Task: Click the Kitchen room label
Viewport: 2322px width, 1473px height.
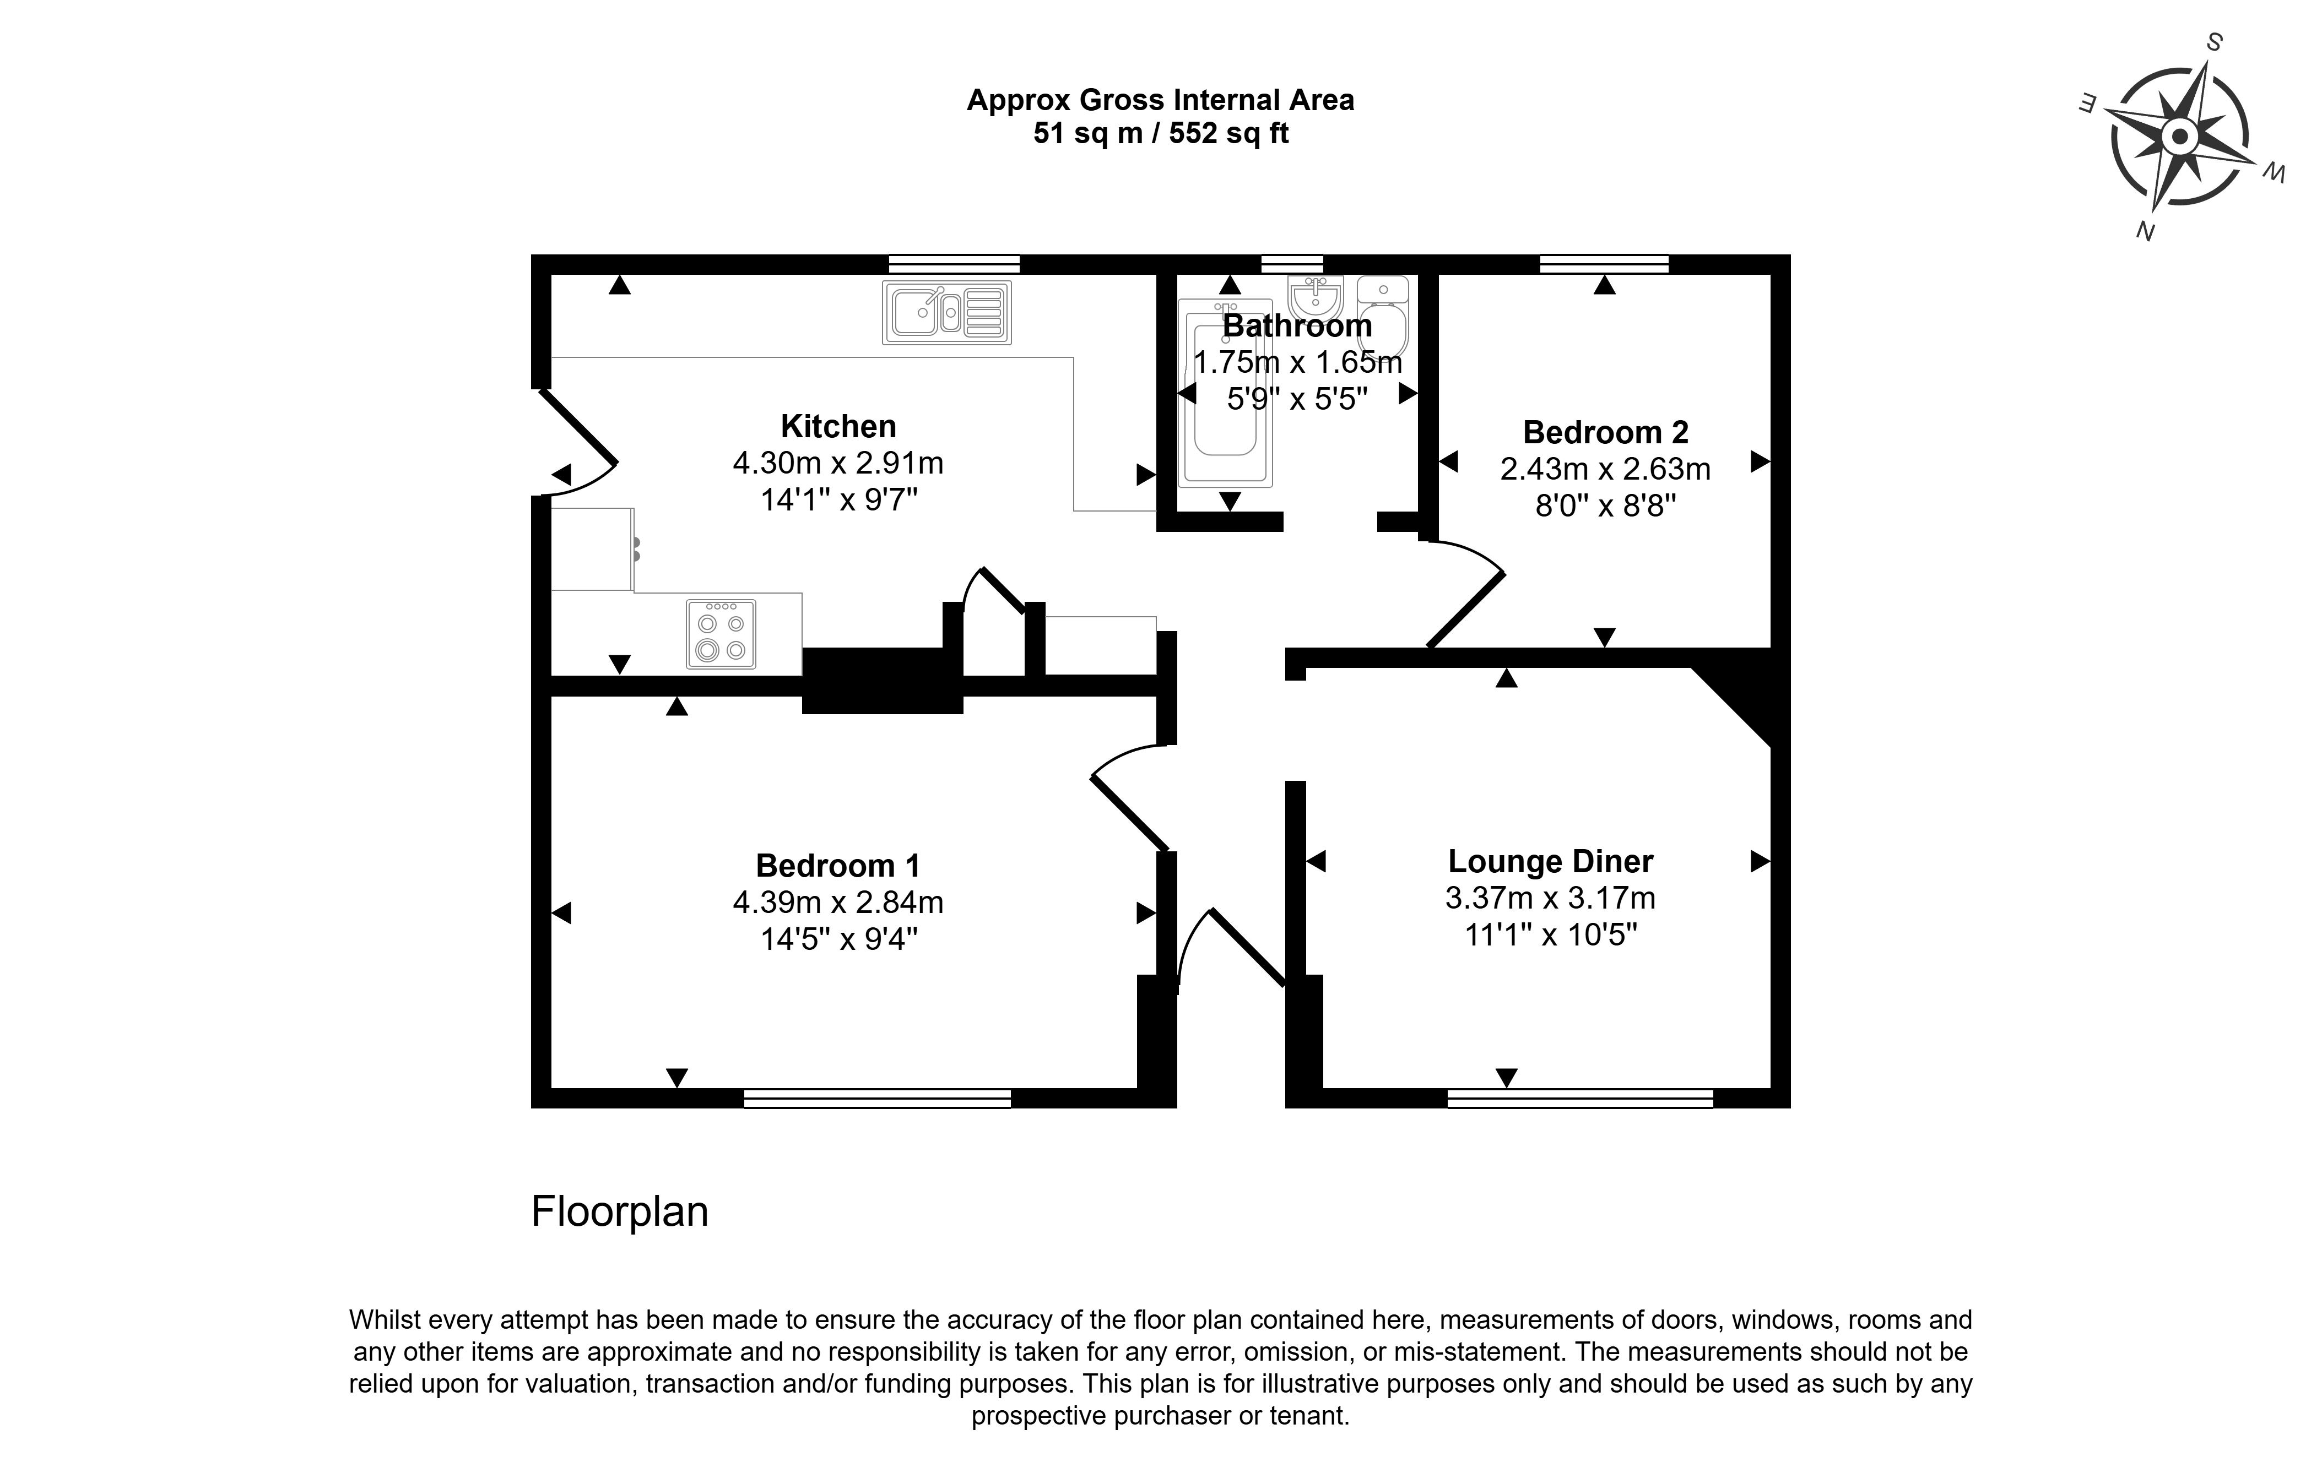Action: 838,426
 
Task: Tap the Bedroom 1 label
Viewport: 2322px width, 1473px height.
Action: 838,866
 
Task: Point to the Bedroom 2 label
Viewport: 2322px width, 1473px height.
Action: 1605,432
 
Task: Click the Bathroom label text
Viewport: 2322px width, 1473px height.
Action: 1297,326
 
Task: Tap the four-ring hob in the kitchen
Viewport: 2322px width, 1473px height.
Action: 721,634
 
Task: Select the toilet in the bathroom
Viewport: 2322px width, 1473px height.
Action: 1384,316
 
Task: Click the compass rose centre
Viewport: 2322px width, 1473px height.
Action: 2179,137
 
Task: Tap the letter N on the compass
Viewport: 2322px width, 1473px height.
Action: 2146,231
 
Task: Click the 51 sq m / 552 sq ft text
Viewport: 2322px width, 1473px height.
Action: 1161,133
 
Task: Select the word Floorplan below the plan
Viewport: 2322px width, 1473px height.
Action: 620,1212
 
